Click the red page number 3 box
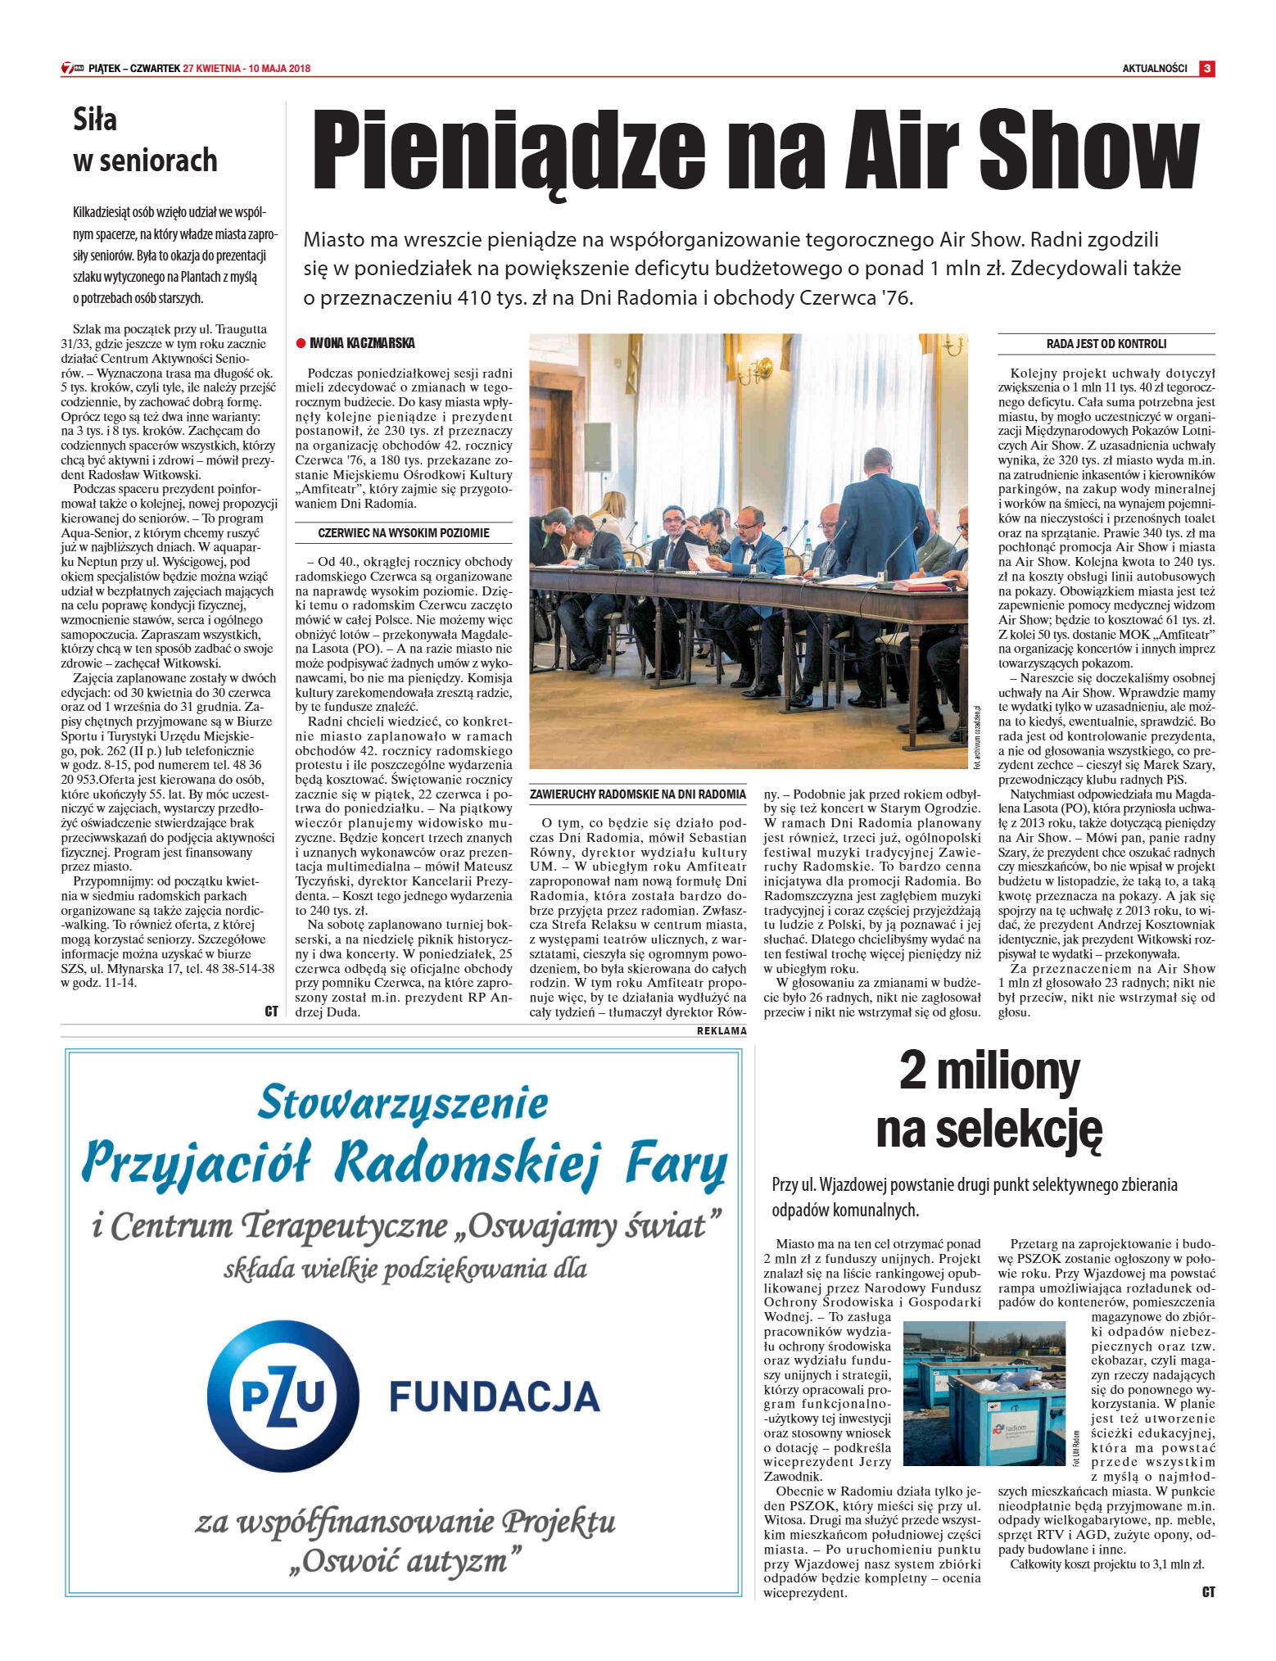[1206, 69]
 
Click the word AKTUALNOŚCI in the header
[1154, 69]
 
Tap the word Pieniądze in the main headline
[508, 151]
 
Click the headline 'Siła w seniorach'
[145, 140]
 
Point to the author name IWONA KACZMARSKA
[362, 343]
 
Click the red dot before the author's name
[301, 344]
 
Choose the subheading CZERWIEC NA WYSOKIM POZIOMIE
[403, 533]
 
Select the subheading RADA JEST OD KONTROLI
[1106, 344]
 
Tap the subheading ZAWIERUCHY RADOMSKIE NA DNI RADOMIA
[638, 794]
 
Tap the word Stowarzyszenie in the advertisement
[403, 1102]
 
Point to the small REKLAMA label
[722, 1031]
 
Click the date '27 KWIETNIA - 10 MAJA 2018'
[247, 69]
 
